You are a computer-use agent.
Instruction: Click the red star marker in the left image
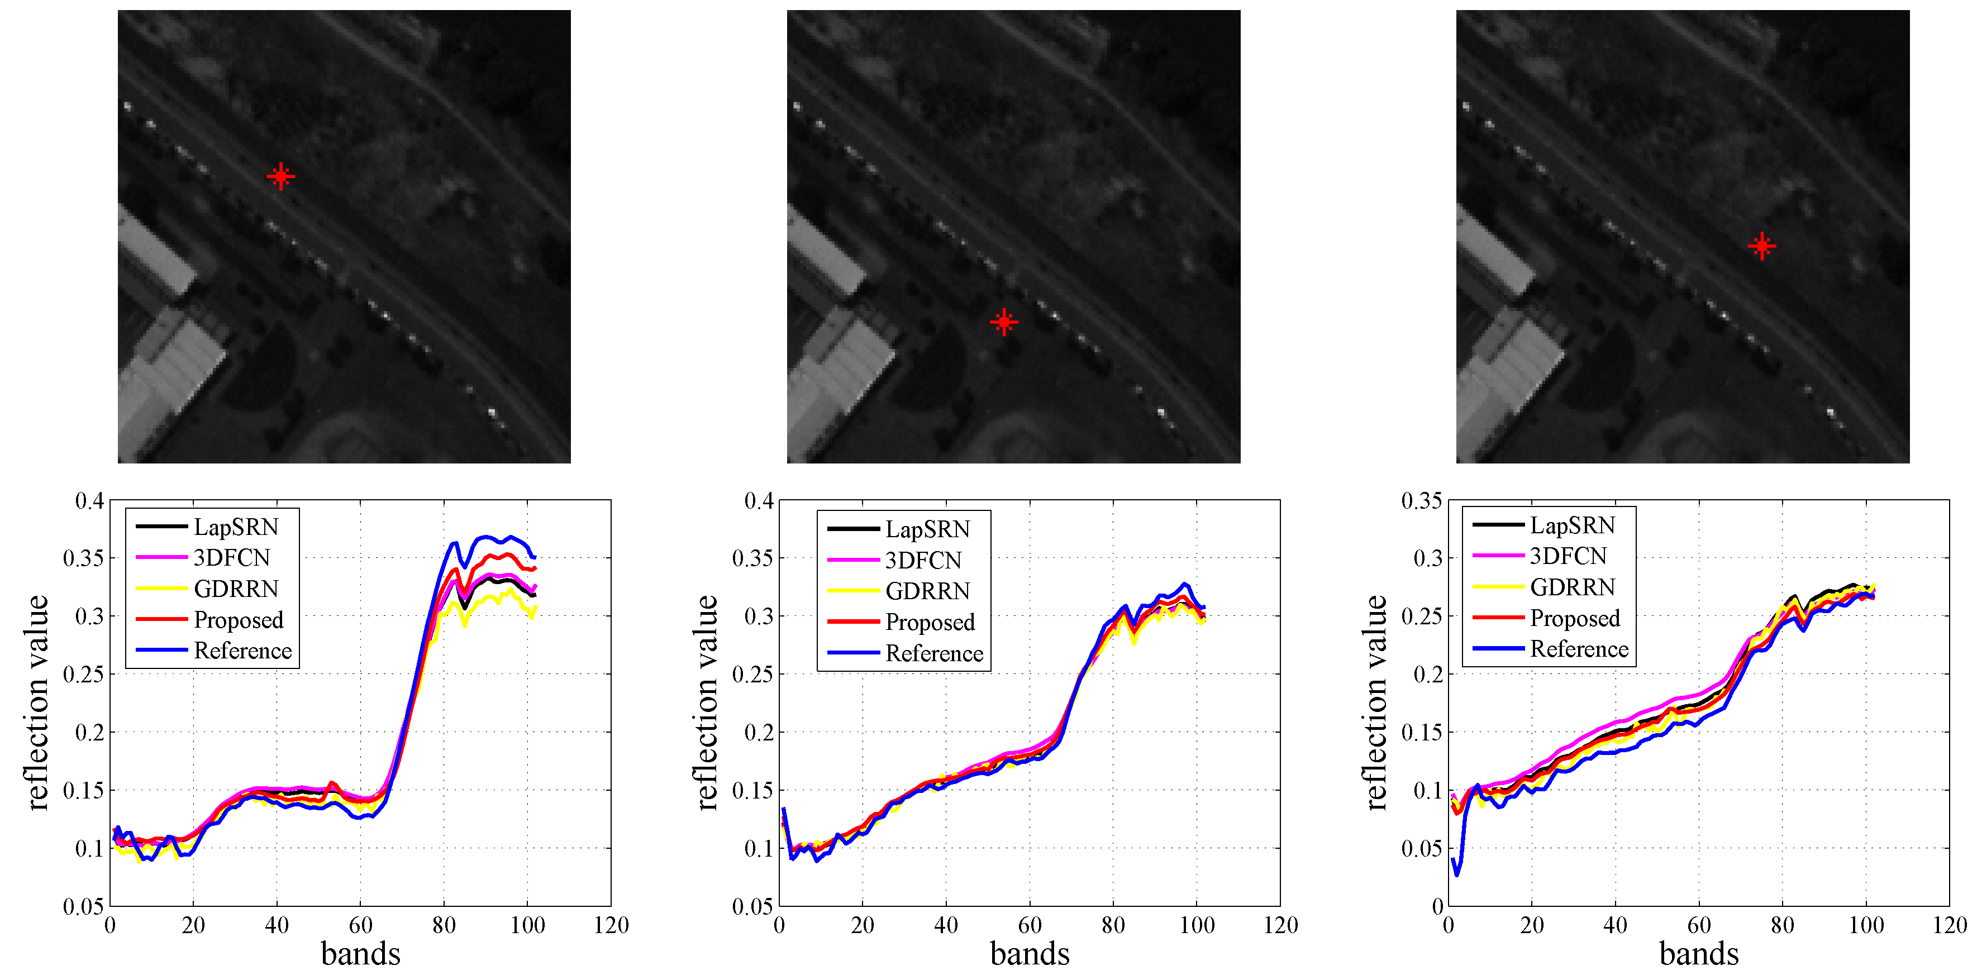click(281, 176)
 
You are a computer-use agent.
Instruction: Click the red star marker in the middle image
click(1004, 322)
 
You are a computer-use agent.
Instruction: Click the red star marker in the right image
click(1761, 246)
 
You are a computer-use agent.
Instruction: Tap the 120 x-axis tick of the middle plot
click(1280, 925)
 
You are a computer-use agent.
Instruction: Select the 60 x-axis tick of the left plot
click(361, 925)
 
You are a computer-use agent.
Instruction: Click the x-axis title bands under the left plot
click(361, 954)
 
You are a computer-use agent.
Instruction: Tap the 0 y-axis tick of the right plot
click(1437, 907)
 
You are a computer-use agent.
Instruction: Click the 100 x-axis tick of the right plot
click(1866, 925)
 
